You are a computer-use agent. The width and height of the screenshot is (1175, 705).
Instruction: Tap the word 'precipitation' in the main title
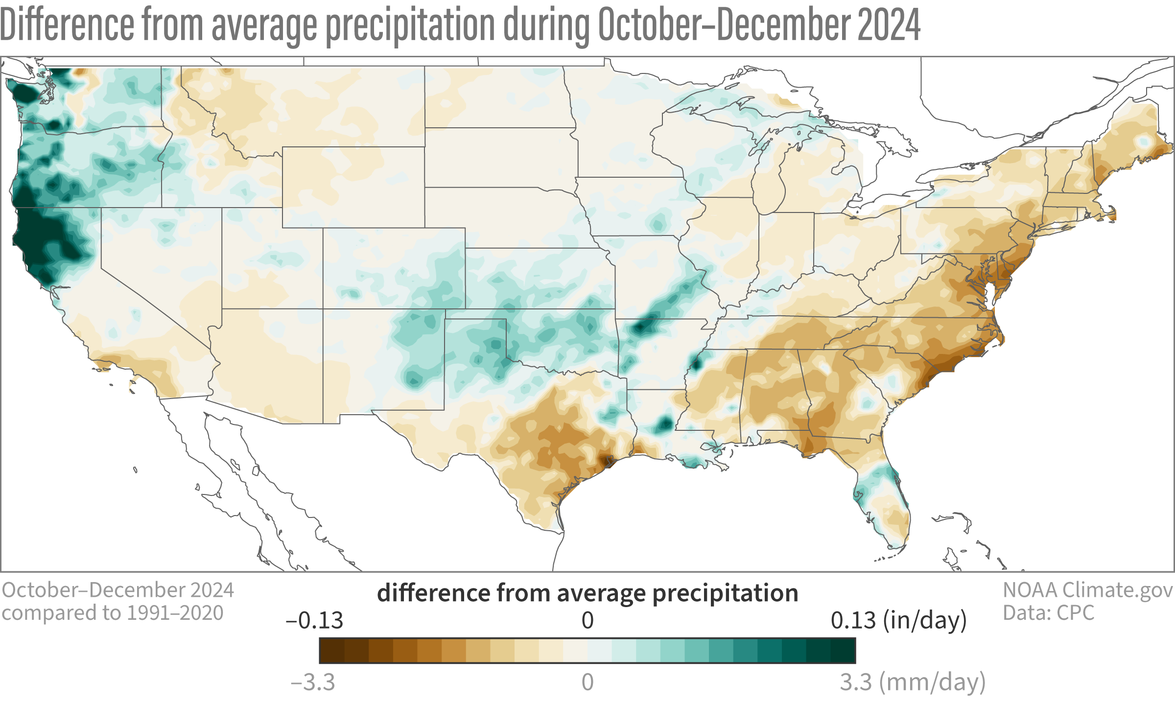pyautogui.click(x=410, y=25)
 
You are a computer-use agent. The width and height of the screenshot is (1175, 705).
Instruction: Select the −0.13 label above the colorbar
pyautogui.click(x=314, y=621)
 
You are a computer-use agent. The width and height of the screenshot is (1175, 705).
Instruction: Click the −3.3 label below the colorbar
pyautogui.click(x=313, y=682)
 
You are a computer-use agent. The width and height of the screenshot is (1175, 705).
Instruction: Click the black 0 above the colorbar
pyautogui.click(x=587, y=621)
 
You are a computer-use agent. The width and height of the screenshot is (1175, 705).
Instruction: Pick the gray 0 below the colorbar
pyautogui.click(x=587, y=682)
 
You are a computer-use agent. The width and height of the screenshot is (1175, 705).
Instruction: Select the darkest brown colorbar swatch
pyautogui.click(x=332, y=651)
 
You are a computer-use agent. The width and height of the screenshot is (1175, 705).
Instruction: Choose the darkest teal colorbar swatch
pyautogui.click(x=843, y=651)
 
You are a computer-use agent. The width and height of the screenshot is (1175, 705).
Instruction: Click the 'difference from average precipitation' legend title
pyautogui.click(x=587, y=593)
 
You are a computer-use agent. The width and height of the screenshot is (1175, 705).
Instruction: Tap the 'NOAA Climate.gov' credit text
pyautogui.click(x=1087, y=590)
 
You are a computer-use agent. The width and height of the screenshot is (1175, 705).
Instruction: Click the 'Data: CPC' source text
pyautogui.click(x=1048, y=613)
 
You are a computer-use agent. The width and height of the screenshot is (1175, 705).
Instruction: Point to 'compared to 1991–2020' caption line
pyautogui.click(x=113, y=613)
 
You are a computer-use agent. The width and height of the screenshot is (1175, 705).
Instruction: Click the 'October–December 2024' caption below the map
pyautogui.click(x=118, y=590)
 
